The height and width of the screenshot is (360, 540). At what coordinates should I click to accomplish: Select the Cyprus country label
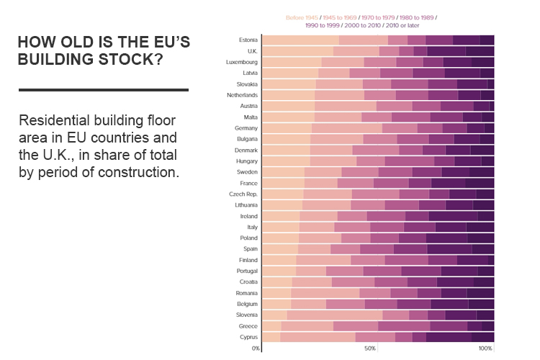click(x=248, y=337)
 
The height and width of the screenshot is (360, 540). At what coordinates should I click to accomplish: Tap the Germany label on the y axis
click(x=246, y=127)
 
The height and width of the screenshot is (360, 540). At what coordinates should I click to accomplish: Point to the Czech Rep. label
click(x=243, y=194)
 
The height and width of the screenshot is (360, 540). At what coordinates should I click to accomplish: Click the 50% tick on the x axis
click(x=370, y=348)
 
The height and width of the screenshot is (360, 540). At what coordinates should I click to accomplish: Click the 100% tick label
click(x=485, y=348)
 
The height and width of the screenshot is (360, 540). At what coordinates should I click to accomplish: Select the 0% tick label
click(x=256, y=348)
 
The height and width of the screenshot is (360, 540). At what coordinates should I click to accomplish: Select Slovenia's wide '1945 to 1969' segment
click(x=335, y=315)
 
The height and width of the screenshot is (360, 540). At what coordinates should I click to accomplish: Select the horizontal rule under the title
click(x=103, y=90)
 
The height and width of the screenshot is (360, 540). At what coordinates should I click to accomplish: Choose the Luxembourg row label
click(x=242, y=62)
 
